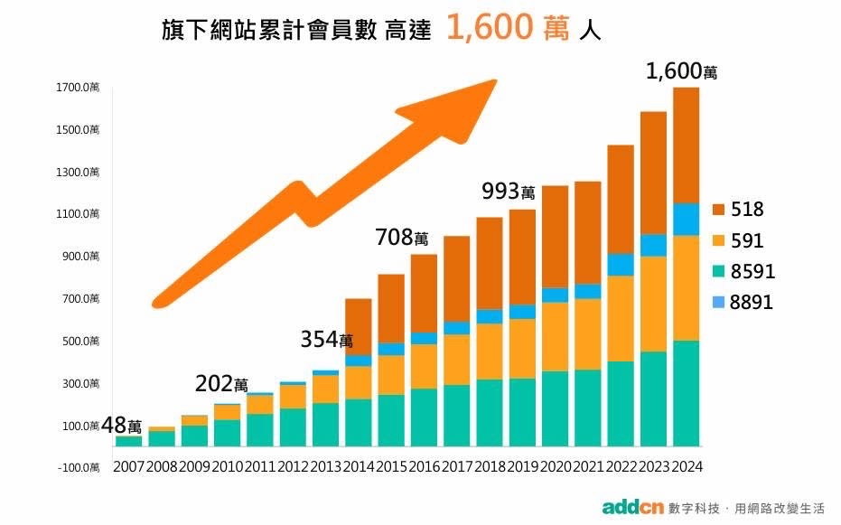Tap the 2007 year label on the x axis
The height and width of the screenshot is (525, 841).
coord(128,466)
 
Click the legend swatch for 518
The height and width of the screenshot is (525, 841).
coord(721,210)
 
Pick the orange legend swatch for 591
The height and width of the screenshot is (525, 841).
coord(721,240)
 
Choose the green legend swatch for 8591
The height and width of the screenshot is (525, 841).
coord(721,271)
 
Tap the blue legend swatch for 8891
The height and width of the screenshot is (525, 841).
coord(721,303)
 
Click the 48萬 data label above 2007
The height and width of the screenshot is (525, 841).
coord(122,425)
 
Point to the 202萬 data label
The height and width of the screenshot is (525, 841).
coord(221,384)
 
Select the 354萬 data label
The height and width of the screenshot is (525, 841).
coord(326,339)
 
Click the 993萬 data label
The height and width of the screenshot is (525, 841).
coord(509,192)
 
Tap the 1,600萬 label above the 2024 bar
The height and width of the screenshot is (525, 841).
coord(682,71)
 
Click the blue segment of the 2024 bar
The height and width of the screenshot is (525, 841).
coord(687,219)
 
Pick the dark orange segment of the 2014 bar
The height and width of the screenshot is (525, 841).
coord(359,326)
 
